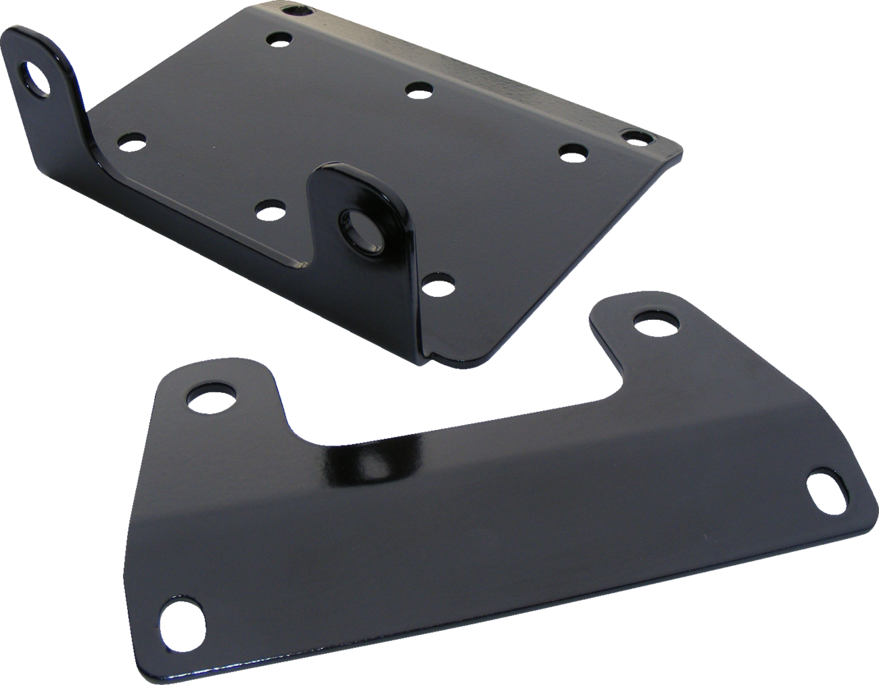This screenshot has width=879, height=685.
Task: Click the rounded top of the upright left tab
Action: coord(30,37)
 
